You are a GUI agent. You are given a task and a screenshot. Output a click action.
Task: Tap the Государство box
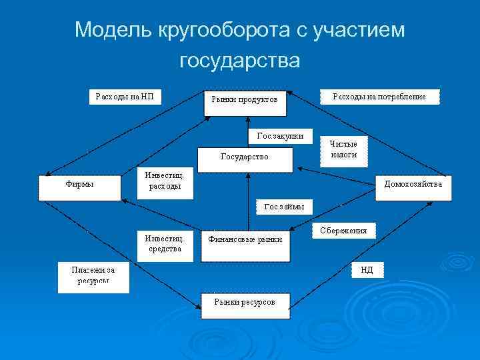[244, 158]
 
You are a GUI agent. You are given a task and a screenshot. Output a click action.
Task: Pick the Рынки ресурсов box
[245, 304]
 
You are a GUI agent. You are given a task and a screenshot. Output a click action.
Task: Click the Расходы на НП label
[125, 97]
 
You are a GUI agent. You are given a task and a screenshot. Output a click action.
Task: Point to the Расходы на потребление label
[379, 97]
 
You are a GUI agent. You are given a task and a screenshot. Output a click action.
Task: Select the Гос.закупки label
[280, 136]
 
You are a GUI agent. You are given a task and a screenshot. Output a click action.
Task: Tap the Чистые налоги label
[344, 149]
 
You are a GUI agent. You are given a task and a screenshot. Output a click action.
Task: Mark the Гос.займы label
[283, 207]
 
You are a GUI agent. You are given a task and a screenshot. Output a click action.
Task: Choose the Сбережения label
[343, 231]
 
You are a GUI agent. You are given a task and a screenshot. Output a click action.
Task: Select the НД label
[367, 270]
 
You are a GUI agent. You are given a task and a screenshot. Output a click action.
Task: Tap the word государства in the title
[240, 61]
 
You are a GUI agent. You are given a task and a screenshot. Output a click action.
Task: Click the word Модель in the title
[113, 30]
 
